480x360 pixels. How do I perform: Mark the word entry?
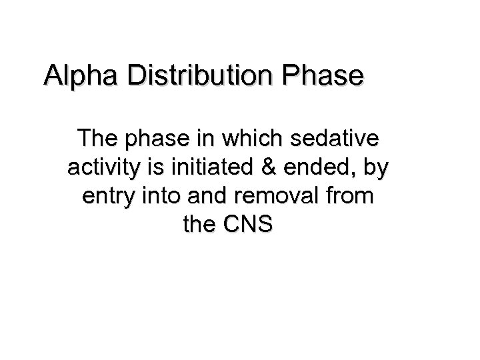(x=105, y=197)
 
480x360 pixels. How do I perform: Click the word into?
(x=159, y=197)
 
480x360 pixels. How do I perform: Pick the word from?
(x=351, y=197)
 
